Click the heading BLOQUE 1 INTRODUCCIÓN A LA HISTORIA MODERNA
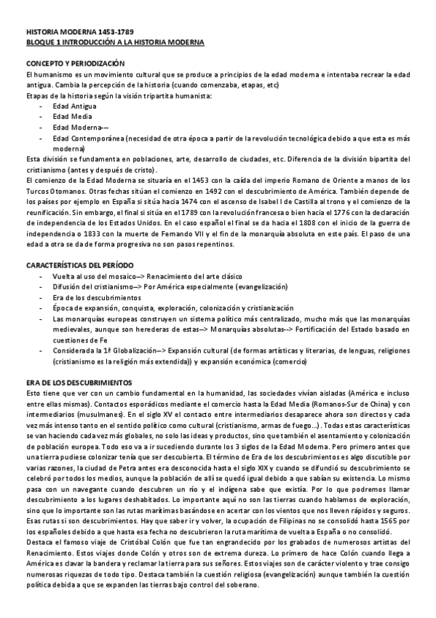[x=114, y=43]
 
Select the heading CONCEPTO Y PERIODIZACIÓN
[x=74, y=64]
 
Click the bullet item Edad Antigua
[x=70, y=106]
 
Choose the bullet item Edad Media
[x=67, y=116]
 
